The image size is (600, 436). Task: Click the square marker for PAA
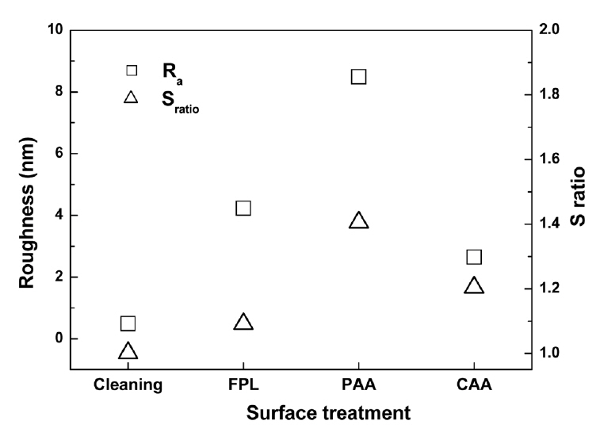coord(358,76)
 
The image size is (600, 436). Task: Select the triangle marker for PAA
coord(358,221)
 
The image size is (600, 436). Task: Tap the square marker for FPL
coord(243,208)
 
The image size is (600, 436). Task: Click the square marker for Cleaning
coord(128,323)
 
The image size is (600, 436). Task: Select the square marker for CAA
coord(474,257)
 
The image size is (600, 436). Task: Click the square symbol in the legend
coord(132,70)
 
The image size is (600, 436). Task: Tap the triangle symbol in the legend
coord(132,98)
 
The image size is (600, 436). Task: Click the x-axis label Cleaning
coord(128,386)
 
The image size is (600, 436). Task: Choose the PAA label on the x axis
coord(358,386)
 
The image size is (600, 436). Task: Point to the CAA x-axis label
coord(474,386)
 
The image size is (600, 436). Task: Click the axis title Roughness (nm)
coord(28,199)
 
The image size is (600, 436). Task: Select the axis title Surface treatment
coord(328,414)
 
